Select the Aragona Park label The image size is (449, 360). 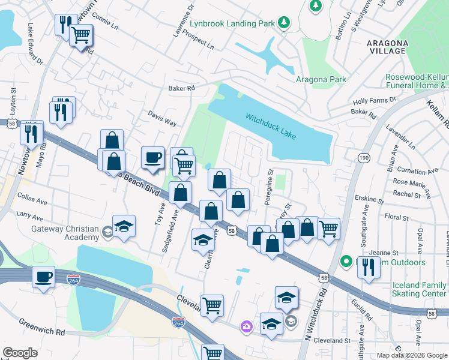321,79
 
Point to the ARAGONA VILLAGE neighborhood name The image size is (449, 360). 388,47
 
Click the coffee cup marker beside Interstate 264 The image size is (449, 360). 43,277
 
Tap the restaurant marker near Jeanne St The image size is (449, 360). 369,267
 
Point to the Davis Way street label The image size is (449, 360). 163,118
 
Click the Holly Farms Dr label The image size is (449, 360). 375,100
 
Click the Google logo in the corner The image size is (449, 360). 20,353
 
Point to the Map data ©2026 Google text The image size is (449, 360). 411,355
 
